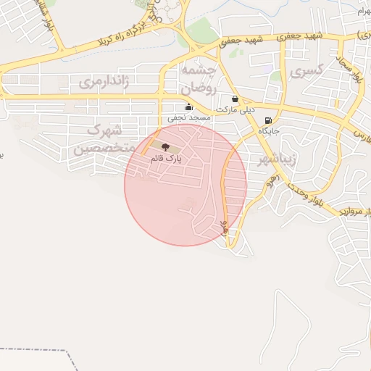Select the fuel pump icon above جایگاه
(270, 121)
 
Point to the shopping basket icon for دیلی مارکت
(235, 99)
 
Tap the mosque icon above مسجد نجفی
(188, 106)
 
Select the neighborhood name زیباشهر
(276, 159)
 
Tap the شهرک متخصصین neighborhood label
(102, 140)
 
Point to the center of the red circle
(185, 185)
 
